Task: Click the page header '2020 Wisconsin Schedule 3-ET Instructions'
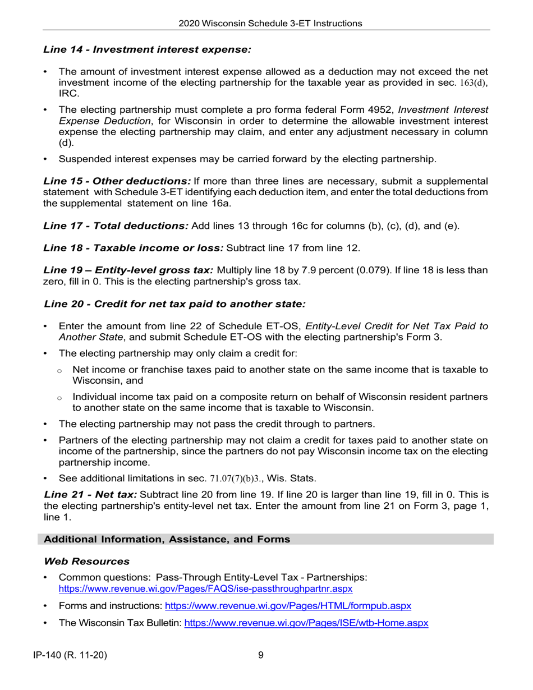270,24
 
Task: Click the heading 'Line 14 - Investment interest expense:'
147,50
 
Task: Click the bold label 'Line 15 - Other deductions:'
117,181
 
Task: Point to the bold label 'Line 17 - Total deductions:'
116,226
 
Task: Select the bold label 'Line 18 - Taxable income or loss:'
134,248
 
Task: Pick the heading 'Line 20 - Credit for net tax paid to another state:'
175,304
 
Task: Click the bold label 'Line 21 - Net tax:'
90,495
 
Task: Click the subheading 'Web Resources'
86,562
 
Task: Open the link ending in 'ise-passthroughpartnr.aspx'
205,589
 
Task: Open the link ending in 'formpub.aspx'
287,606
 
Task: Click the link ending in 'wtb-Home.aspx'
306,623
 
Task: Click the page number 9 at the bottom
261,655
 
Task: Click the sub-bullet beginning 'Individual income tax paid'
279,397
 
